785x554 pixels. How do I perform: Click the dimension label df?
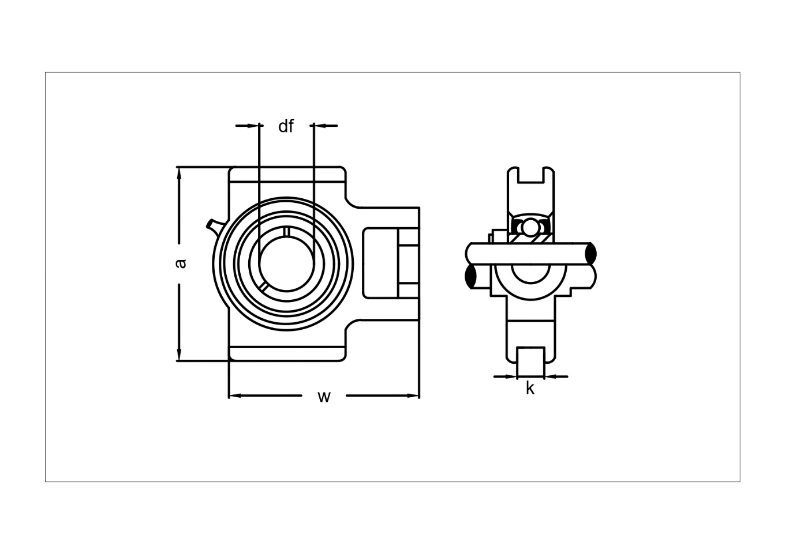coord(286,126)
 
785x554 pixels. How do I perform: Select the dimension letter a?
coord(181,263)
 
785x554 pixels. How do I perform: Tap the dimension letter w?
coord(324,397)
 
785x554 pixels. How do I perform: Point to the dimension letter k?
coord(530,389)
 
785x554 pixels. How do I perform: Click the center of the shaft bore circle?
coord(287,264)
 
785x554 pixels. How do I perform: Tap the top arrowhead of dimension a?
coord(180,174)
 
